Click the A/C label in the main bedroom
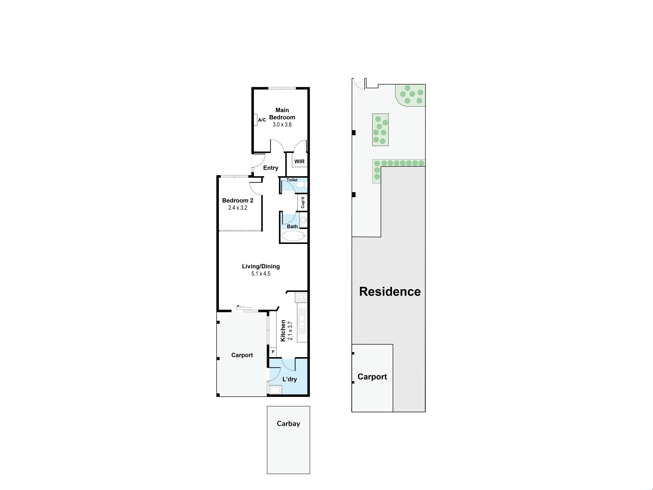coord(262,120)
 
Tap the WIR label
coord(299,162)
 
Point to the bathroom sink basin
coord(304,220)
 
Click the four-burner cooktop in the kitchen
coord(301,297)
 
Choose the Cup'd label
coord(303,203)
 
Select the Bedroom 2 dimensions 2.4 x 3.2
coord(238,208)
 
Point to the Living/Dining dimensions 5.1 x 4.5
coord(261,274)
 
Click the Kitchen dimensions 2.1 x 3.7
coord(290,331)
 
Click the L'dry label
coord(290,379)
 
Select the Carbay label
coord(288,423)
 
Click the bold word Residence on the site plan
coord(390,291)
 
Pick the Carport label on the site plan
coord(372,377)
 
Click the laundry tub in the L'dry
coord(275,390)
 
